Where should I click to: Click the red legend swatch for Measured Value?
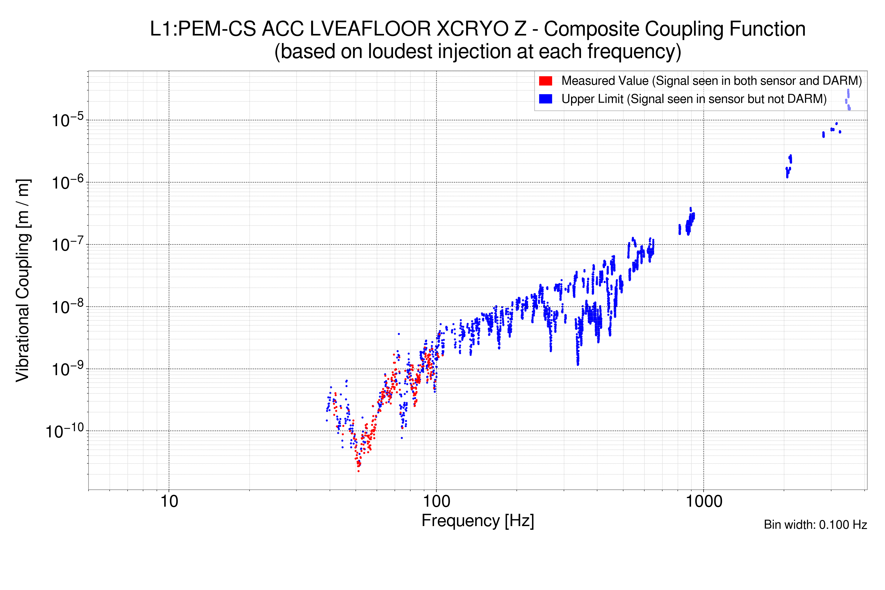[546, 81]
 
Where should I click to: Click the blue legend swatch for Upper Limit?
[546, 99]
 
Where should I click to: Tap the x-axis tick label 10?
[169, 501]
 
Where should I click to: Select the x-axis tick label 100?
[437, 501]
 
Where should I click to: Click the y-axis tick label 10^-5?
[68, 120]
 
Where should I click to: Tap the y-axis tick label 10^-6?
[68, 183]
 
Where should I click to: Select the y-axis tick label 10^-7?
[68, 245]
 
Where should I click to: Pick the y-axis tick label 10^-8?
[68, 307]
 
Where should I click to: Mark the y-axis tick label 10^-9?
[68, 369]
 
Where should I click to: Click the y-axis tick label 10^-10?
[65, 431]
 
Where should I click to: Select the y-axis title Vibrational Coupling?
[23, 280]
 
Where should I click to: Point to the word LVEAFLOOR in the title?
[370, 29]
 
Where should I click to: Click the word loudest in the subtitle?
[400, 52]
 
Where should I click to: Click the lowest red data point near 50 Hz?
[359, 471]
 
